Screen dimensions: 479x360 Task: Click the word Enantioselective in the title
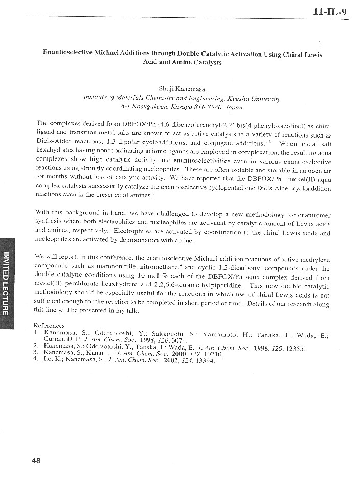69,54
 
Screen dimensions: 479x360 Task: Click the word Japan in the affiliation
233,107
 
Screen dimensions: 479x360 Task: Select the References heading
49,325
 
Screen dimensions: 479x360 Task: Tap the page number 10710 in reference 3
198,353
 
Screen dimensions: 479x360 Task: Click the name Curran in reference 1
55,339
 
